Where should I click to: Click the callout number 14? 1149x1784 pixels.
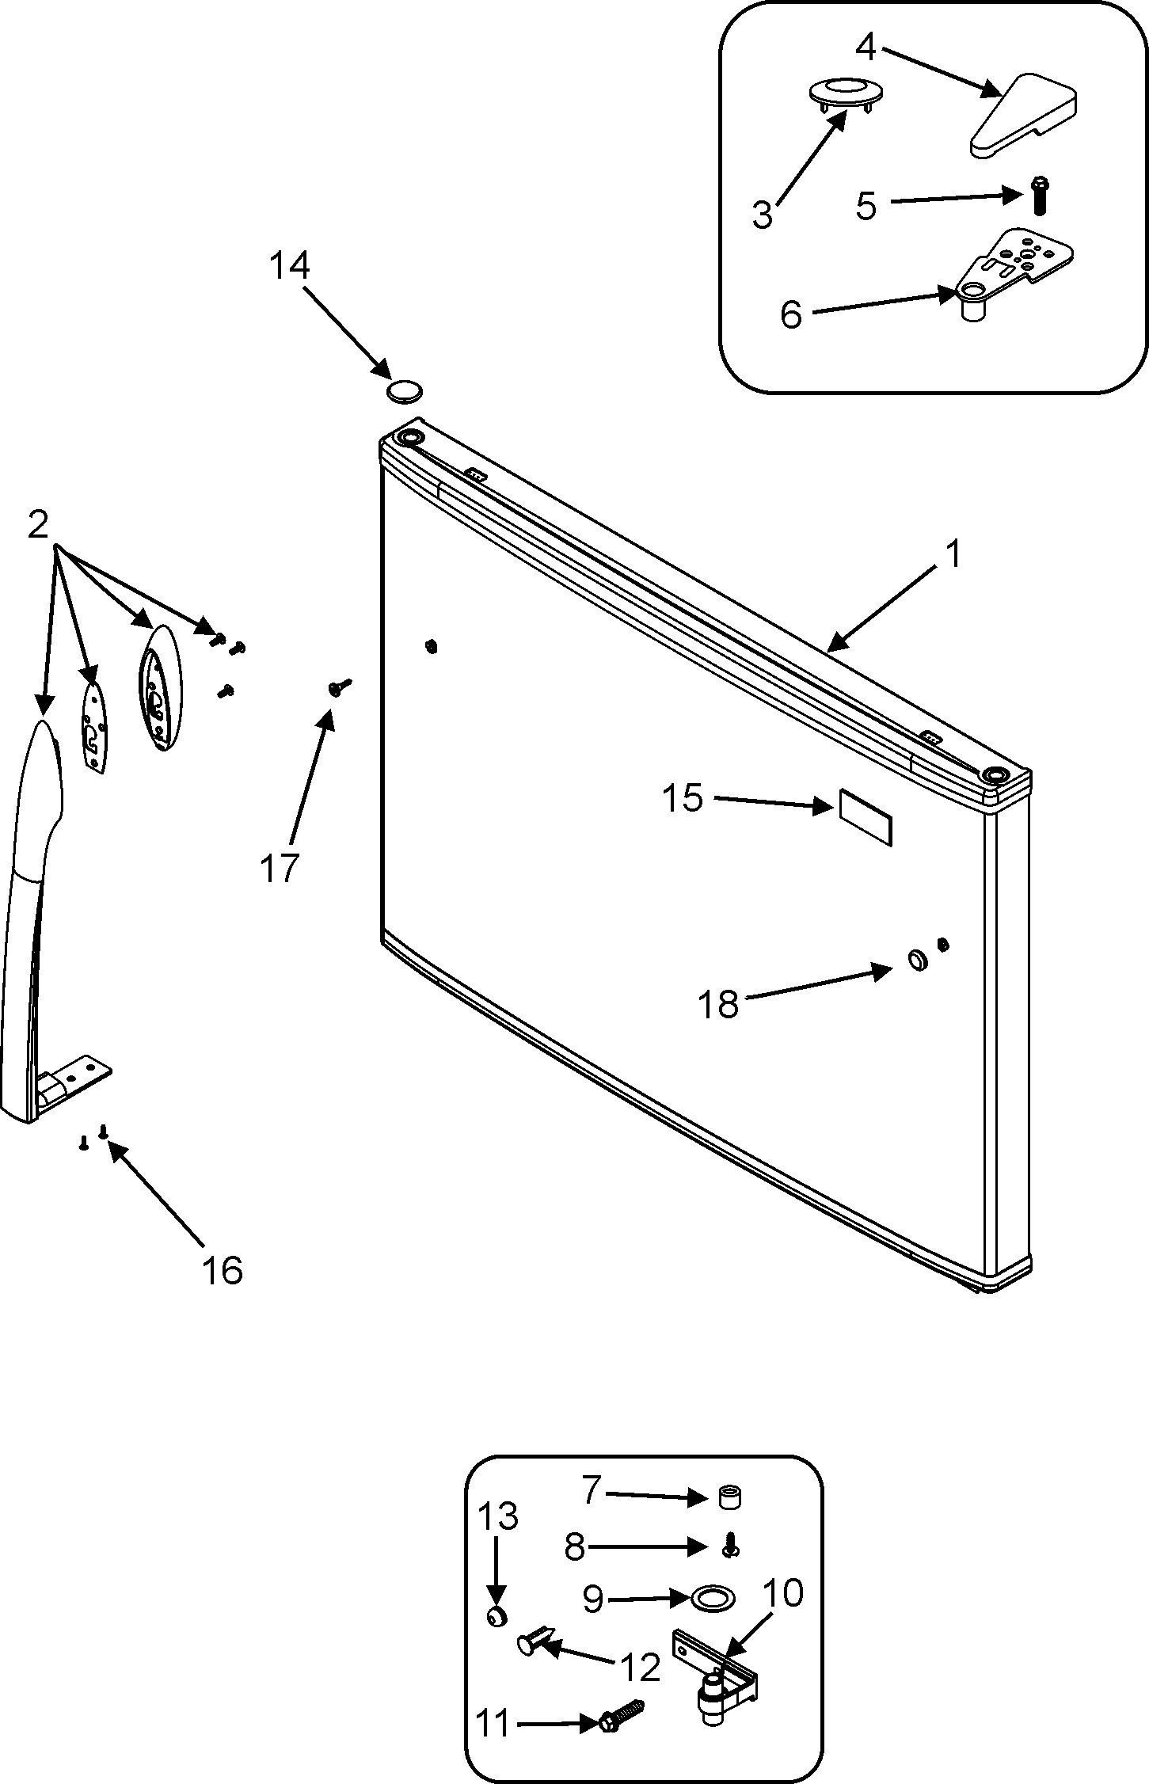click(288, 266)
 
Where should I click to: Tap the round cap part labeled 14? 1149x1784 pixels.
click(405, 390)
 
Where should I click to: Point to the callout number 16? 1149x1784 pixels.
click(222, 1270)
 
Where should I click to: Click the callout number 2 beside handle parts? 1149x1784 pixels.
click(38, 524)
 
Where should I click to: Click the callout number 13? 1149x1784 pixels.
click(498, 1517)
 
